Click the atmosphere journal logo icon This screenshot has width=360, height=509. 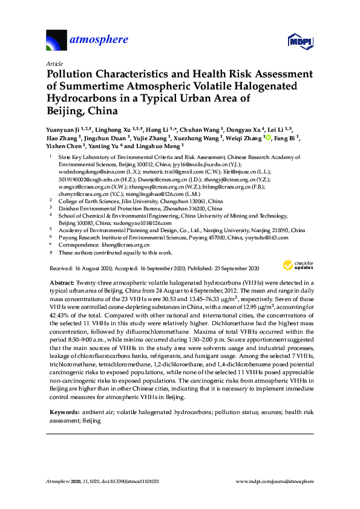point(56,41)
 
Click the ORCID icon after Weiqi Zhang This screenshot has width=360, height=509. point(269,138)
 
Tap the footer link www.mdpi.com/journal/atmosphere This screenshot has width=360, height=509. point(275,482)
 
